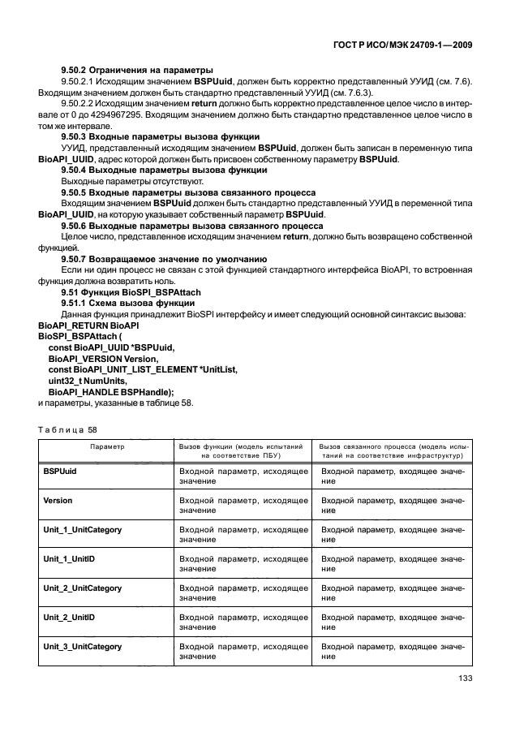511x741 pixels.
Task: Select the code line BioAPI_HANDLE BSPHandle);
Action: (x=111, y=391)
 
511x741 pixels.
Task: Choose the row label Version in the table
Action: (x=58, y=500)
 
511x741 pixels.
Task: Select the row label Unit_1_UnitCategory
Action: (x=83, y=529)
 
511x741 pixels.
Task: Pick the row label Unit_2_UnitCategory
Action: (x=83, y=588)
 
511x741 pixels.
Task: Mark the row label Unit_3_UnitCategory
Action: (x=83, y=646)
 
